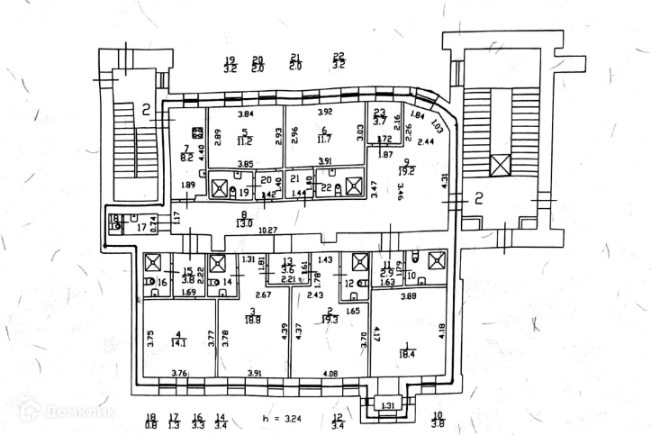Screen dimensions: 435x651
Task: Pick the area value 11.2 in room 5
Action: pos(243,141)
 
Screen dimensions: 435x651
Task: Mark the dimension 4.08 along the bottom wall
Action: pos(332,374)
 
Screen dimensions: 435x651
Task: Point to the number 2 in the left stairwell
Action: pos(143,110)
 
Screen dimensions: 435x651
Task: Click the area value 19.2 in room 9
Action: pos(406,171)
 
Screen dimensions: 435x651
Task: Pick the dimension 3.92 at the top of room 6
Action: pos(325,112)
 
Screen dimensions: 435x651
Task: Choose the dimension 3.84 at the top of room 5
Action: pos(245,113)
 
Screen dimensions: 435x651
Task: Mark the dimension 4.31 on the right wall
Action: pos(445,179)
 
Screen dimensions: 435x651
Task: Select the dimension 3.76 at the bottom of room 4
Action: pos(178,374)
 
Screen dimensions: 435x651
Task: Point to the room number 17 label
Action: pos(140,228)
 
